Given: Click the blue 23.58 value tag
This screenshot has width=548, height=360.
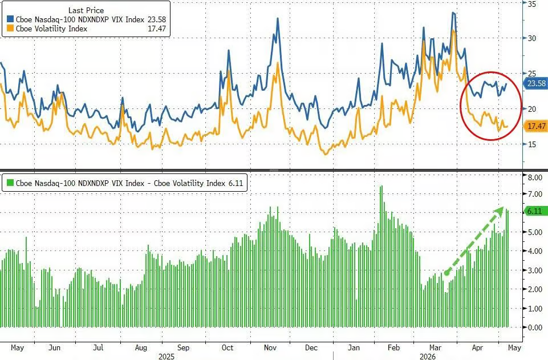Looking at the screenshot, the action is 536,83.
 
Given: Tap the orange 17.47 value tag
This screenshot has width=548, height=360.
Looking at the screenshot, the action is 536,126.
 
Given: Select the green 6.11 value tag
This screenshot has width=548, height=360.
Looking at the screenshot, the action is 535,211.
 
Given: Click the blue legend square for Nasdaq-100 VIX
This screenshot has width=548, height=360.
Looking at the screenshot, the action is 10,19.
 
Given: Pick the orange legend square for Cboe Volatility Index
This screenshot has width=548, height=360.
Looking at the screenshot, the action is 10,29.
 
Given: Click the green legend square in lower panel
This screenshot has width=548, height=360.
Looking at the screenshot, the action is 10,183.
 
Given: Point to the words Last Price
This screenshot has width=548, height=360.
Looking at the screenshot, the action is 86,10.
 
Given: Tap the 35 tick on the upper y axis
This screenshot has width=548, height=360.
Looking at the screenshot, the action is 532,4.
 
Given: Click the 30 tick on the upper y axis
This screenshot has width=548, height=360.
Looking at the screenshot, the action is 532,38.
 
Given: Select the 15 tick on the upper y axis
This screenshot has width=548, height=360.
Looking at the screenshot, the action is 532,144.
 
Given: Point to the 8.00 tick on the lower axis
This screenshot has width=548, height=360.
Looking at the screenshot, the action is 535,177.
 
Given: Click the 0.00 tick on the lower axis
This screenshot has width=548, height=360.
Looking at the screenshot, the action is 535,327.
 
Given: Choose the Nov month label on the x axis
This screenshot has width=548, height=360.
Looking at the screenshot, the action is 270,347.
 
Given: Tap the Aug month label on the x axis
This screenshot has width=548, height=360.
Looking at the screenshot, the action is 141,347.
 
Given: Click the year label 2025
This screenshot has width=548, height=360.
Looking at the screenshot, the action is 167,356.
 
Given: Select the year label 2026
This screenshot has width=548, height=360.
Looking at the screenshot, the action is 428,356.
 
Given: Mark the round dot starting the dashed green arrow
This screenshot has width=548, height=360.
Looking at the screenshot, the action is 446,273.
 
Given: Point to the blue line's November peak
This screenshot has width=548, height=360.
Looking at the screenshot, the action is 278,18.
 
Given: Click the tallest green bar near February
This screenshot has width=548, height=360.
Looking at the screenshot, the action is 381,257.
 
